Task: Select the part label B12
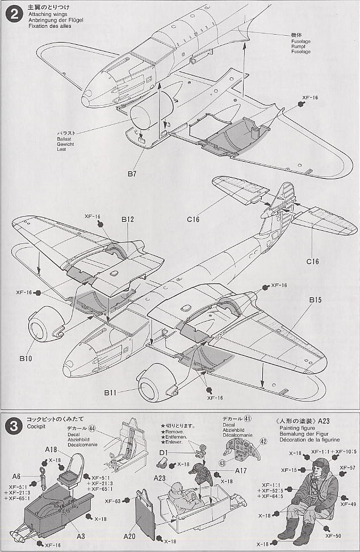pos(127,219)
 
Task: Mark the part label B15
pos(316,299)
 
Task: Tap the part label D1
pos(164,452)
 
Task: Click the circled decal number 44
pos(91,430)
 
